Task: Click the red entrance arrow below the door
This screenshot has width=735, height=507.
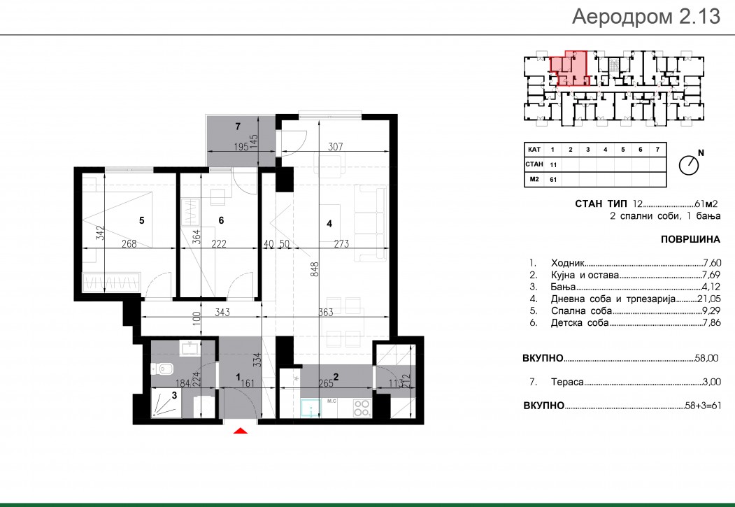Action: (241, 430)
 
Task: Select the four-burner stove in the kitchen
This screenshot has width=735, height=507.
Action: (362, 408)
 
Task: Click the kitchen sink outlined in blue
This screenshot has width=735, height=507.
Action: (311, 408)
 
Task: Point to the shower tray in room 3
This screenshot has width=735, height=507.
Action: (166, 403)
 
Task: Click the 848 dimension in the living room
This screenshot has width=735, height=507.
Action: (315, 269)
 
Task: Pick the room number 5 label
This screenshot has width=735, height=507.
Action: (141, 220)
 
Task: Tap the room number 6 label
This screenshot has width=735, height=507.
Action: (221, 220)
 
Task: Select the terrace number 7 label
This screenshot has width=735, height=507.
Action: (238, 126)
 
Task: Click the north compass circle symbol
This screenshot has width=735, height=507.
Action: (689, 165)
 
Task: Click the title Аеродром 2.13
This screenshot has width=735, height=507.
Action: (646, 16)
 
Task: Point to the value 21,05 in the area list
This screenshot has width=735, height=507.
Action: (708, 299)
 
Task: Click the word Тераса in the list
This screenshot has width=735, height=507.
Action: (567, 382)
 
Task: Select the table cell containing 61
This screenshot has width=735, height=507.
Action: (553, 180)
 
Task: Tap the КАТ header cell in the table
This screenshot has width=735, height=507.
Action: (534, 150)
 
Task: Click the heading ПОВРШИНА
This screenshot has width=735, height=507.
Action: (690, 239)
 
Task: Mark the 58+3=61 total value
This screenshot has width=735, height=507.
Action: (703, 406)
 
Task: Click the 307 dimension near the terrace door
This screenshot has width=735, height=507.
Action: (335, 147)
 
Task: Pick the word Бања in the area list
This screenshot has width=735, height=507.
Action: (563, 287)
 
